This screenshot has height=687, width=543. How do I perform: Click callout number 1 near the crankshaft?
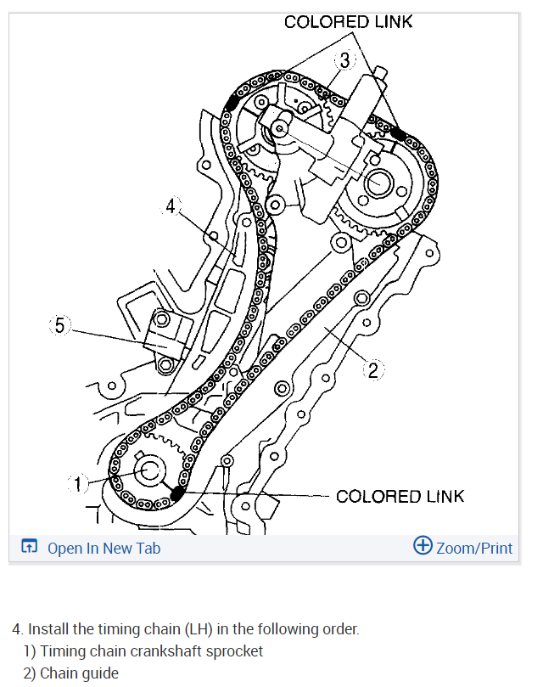77,484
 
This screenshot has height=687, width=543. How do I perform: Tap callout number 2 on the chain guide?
373,370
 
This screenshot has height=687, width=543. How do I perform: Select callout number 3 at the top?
345,60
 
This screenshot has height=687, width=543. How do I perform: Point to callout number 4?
171,206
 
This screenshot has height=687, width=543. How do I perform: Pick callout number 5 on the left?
59,325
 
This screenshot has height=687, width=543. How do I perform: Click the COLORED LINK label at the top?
348,22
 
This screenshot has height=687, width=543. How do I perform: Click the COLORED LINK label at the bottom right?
400,497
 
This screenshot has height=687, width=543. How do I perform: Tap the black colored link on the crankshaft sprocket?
176,493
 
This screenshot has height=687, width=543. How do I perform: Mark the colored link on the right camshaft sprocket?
398,133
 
